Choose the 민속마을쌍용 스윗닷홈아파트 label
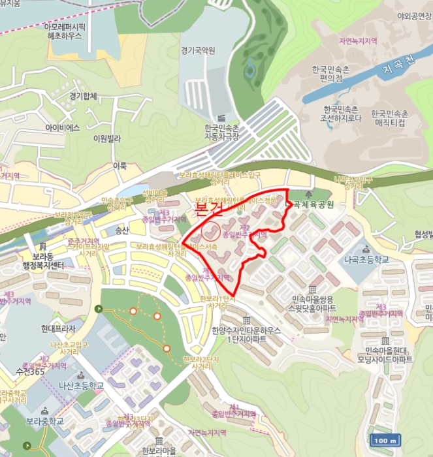[x=314, y=303]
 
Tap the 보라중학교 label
[x=43, y=420]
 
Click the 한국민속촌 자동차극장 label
[x=221, y=132]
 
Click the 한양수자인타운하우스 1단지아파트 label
[x=246, y=336]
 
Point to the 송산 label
[x=121, y=230]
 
